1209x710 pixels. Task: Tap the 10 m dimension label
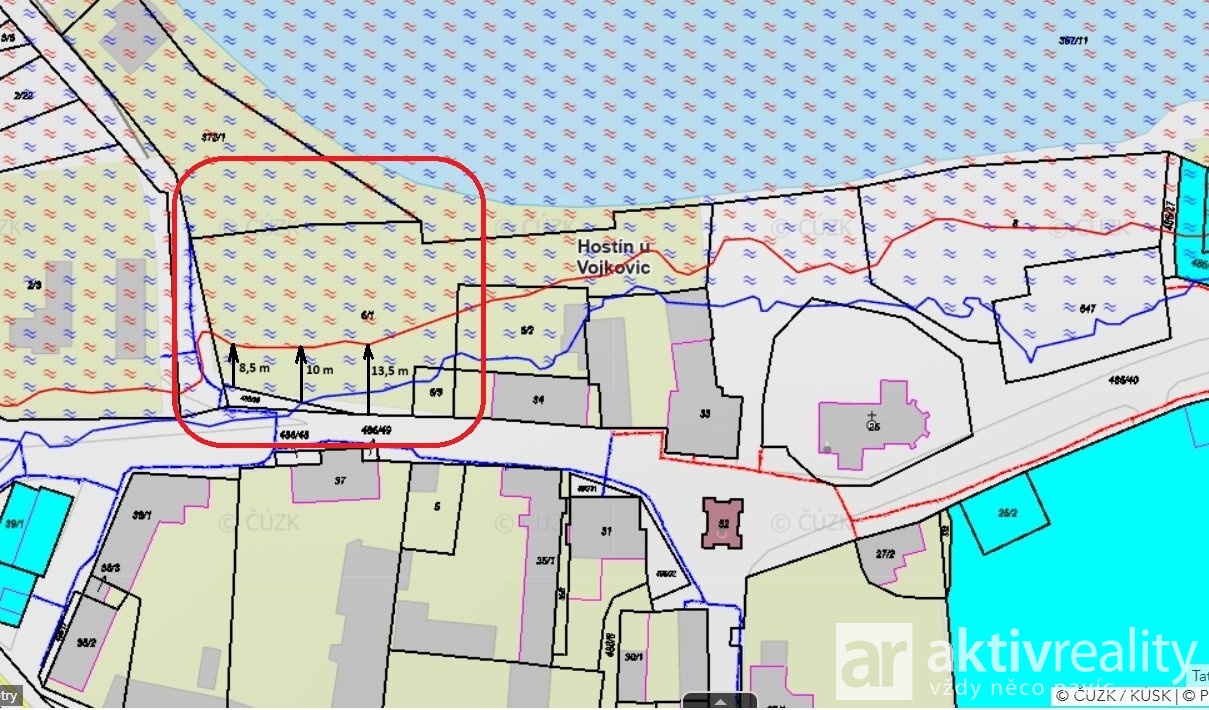319,369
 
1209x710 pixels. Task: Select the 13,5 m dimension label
390,370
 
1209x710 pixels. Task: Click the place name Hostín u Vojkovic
614,256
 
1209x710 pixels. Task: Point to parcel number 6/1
367,315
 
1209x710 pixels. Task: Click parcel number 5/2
526,331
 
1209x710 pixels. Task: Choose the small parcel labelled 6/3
435,393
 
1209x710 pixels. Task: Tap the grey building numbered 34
538,399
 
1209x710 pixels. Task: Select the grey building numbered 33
704,413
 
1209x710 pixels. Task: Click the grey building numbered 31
606,531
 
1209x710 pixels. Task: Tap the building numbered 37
340,481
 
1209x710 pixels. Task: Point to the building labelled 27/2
884,553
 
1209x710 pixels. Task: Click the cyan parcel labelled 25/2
1006,513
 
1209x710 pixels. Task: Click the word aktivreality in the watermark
1060,654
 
